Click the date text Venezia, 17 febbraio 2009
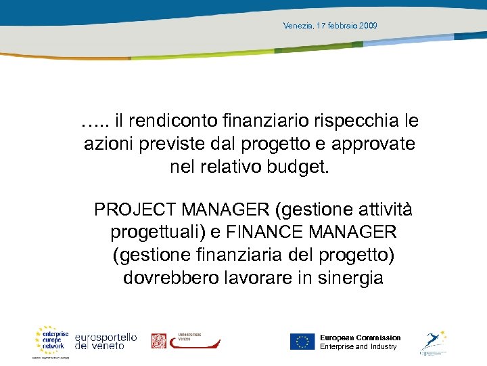tap(330, 26)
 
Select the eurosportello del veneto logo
tap(106, 341)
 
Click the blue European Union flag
tap(302, 342)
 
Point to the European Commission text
tap(361, 338)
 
